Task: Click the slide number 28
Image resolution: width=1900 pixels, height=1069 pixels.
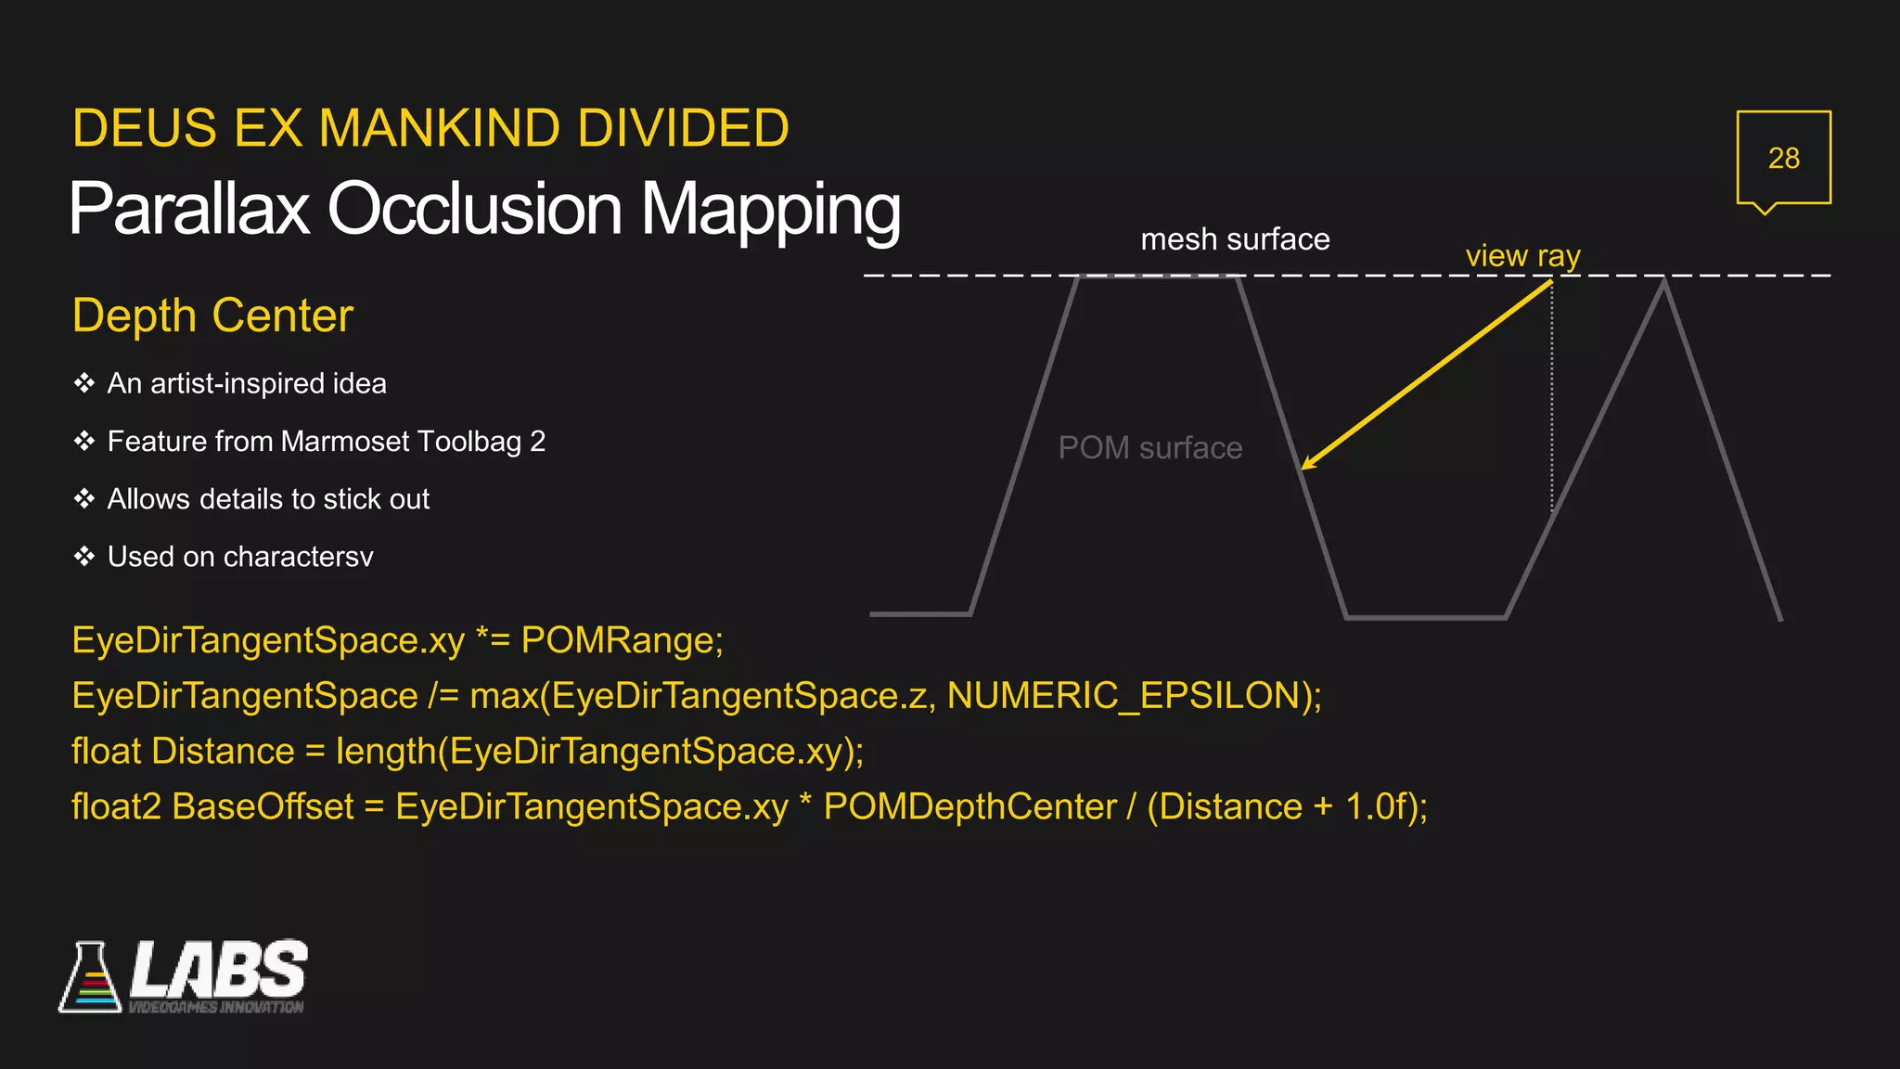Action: pyautogui.click(x=1783, y=158)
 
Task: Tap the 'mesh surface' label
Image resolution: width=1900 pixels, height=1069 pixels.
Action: pyautogui.click(x=1235, y=239)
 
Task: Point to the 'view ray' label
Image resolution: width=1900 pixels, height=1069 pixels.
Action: pyautogui.click(x=1522, y=255)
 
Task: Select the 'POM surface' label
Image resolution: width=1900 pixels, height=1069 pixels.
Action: pyautogui.click(x=1149, y=448)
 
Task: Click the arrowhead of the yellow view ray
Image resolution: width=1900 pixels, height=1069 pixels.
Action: pyautogui.click(x=1306, y=464)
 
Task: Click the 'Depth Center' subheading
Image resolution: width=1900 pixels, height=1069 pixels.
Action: pyautogui.click(x=212, y=316)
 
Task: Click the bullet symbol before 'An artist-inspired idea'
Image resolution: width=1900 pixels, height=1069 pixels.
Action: pyautogui.click(x=84, y=383)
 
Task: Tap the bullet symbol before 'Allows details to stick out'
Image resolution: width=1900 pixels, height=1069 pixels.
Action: pyautogui.click(x=84, y=499)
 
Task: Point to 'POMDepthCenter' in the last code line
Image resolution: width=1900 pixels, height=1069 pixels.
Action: pyautogui.click(x=969, y=806)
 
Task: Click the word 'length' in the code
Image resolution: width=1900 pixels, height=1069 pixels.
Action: pyautogui.click(x=385, y=752)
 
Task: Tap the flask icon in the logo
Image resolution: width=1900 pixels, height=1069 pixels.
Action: pyautogui.click(x=90, y=979)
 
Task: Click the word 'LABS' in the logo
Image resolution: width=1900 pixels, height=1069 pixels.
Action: pyautogui.click(x=219, y=970)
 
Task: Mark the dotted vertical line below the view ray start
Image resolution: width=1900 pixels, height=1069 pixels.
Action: pyautogui.click(x=1552, y=399)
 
